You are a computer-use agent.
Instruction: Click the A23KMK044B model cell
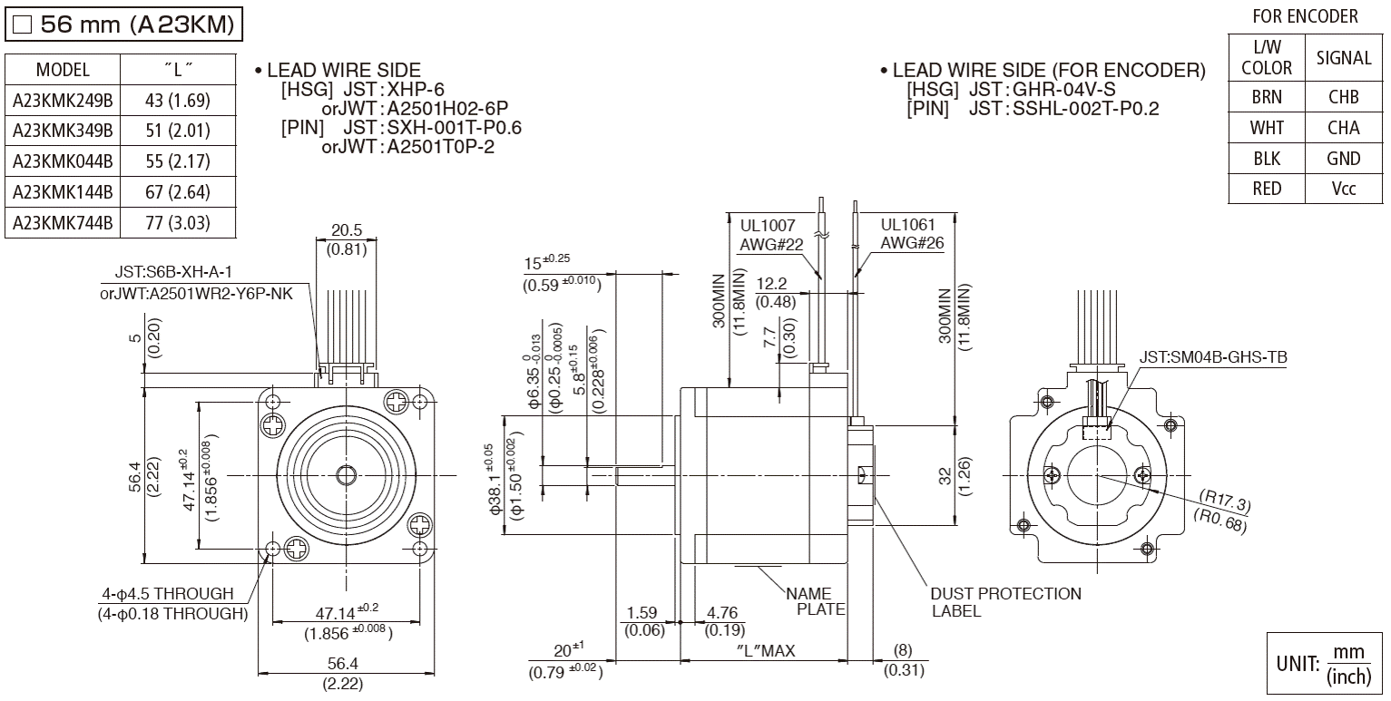pos(63,161)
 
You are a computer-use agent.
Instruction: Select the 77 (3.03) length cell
pos(177,223)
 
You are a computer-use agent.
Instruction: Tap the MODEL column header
pos(63,70)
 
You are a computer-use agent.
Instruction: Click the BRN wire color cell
pos(1267,97)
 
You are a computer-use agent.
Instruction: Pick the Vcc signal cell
pos(1344,189)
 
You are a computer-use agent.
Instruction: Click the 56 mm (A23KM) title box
pos(124,24)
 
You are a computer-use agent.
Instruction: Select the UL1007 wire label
pos(767,225)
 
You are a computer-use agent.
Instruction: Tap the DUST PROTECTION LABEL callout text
pos(1005,602)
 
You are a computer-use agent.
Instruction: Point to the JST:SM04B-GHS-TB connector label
pos(1213,357)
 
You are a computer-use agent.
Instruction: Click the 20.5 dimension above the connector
pos(346,230)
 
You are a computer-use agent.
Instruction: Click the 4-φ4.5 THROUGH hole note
pos(167,594)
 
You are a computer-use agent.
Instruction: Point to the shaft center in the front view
pos(346,473)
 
